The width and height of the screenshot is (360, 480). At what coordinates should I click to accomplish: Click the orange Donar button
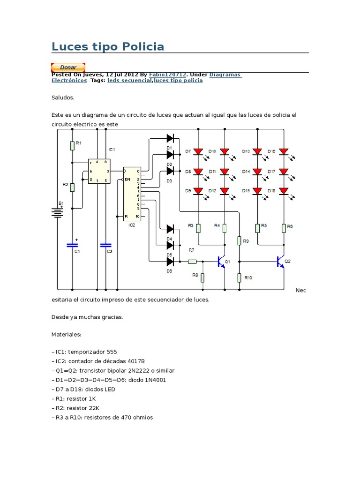point(68,67)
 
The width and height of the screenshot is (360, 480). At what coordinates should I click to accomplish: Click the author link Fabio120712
point(167,75)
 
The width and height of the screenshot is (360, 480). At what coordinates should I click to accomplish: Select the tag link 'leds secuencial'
point(129,81)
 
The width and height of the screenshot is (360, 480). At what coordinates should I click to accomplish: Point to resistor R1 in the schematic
point(72,145)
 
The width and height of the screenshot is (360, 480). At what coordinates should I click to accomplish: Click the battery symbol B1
point(58,213)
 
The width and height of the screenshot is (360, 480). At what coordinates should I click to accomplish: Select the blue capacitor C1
point(72,245)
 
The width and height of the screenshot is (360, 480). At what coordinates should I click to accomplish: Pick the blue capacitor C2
point(106,245)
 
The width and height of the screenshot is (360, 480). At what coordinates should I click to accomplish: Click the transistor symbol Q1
point(222,262)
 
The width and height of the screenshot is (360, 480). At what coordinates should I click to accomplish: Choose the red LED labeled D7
point(198,152)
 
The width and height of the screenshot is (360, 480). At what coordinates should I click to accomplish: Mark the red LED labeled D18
point(284,191)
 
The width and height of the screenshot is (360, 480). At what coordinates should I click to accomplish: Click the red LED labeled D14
point(257,172)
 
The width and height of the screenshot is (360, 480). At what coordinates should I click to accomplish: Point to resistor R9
point(239,241)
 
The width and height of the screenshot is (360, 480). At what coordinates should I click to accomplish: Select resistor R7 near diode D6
point(192,262)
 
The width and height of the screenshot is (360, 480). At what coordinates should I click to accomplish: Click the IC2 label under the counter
point(132,225)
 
